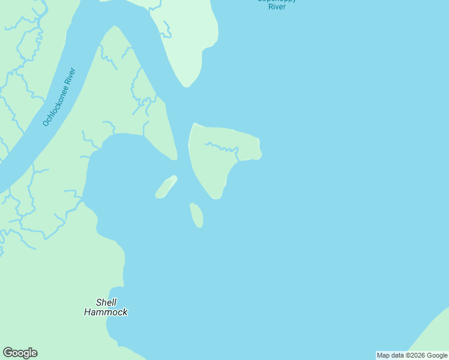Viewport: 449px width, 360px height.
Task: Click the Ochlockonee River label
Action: (x=59, y=98)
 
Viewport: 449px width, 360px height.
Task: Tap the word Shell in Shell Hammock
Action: (x=106, y=302)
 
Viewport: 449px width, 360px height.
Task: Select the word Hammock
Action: (x=106, y=312)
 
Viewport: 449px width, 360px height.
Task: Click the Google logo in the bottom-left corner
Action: (x=20, y=353)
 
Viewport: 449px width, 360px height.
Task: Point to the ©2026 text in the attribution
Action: (x=413, y=355)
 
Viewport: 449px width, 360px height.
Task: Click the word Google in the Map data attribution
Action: (x=437, y=355)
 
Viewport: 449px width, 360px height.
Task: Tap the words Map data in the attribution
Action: (x=390, y=355)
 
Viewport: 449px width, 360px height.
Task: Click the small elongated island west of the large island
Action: (x=166, y=187)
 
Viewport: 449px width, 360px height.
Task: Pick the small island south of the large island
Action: (x=196, y=215)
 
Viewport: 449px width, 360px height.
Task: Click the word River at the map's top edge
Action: (x=276, y=7)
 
